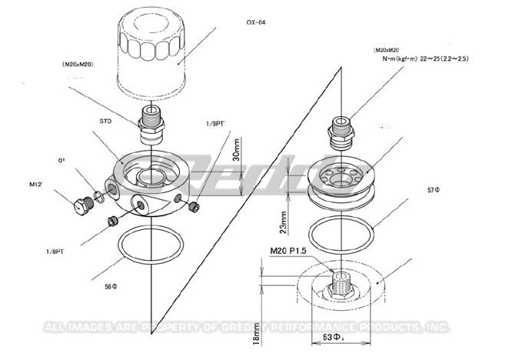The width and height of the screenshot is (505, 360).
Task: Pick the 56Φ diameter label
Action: click(109, 285)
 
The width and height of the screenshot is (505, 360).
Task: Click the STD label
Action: click(107, 121)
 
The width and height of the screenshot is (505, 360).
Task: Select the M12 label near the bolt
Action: click(36, 185)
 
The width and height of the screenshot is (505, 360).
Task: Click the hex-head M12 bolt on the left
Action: click(78, 206)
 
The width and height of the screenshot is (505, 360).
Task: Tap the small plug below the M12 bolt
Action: click(111, 222)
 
